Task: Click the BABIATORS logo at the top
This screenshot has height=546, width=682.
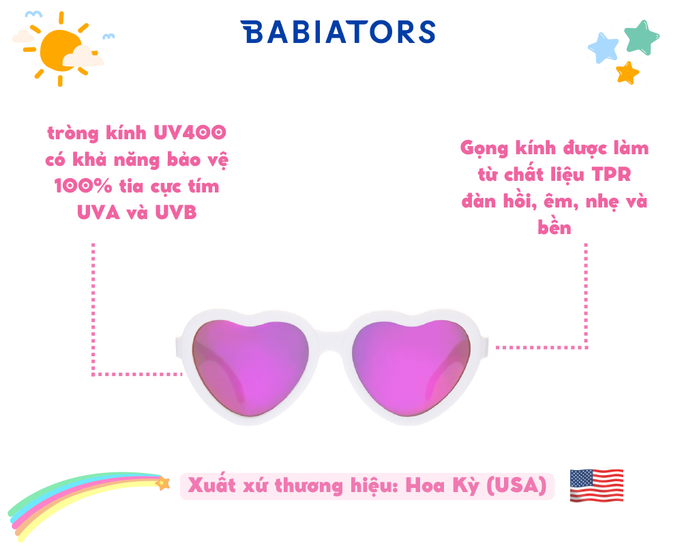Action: tap(338, 32)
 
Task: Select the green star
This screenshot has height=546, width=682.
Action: tap(642, 37)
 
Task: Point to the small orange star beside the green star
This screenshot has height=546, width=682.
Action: tap(627, 73)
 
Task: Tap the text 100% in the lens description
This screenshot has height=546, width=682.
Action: tap(83, 186)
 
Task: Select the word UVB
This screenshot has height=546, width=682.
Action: tap(176, 212)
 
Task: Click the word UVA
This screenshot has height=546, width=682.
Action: tap(98, 212)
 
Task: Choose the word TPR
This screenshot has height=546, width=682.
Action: tap(611, 174)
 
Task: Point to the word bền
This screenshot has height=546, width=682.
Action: tap(554, 227)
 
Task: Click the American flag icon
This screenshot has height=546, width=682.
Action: tap(596, 485)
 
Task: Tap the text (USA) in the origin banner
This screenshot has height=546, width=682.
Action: tap(516, 485)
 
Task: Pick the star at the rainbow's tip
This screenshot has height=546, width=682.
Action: tap(163, 483)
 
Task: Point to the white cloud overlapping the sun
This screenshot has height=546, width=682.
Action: tap(83, 57)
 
